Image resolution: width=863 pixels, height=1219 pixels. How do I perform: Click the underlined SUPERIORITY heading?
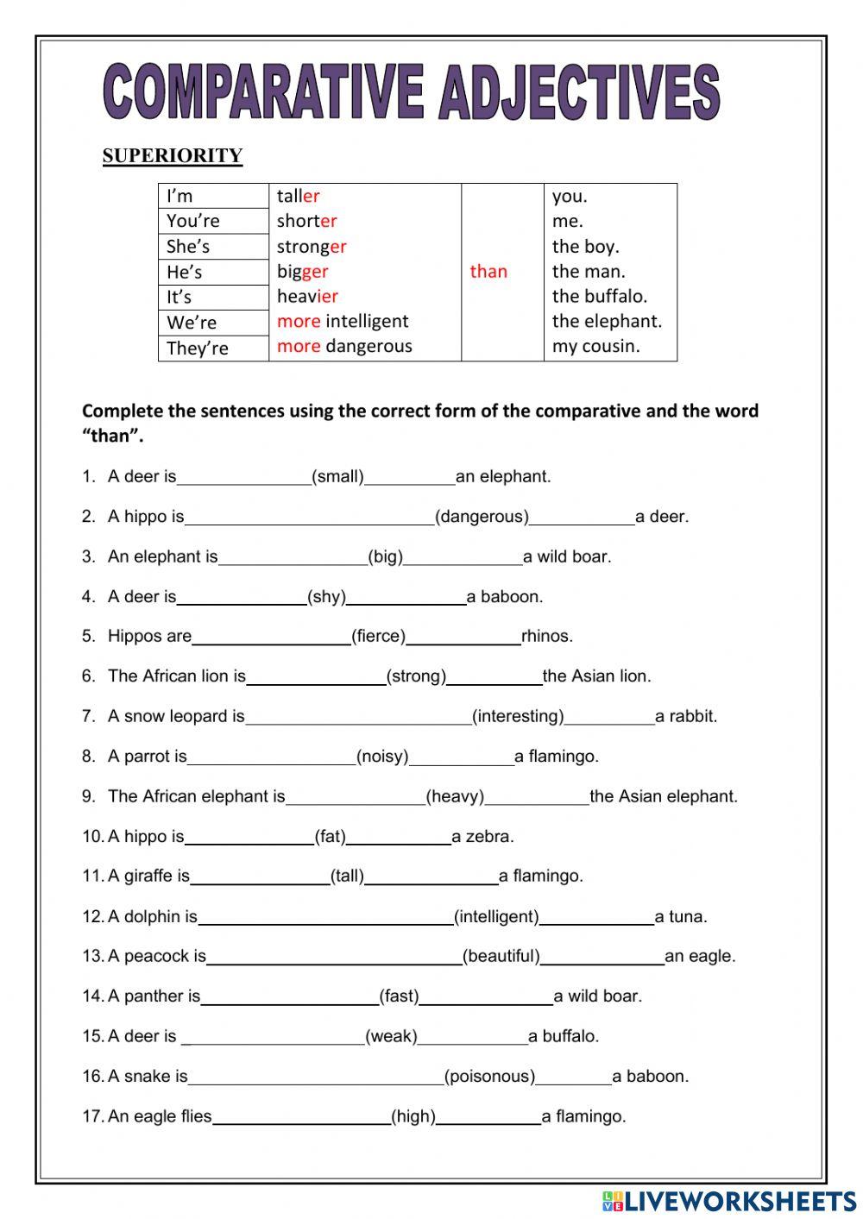[173, 156]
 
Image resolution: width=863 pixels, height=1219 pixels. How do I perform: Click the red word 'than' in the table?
[488, 272]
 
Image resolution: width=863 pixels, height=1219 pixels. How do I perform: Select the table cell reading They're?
[198, 349]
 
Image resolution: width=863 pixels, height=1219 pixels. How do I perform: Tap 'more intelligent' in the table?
[343, 321]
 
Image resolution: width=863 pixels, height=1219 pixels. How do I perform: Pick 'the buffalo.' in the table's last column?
[599, 296]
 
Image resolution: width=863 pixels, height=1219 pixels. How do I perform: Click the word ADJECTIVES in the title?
[578, 92]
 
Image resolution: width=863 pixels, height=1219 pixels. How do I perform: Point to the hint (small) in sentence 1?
[337, 477]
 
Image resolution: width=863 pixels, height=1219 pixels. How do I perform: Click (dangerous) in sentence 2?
[482, 517]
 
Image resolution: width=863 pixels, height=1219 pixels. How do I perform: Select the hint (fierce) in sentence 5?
[378, 637]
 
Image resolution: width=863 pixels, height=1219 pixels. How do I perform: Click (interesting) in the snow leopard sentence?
[518, 717]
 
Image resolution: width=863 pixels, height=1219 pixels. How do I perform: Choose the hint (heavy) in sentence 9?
[455, 796]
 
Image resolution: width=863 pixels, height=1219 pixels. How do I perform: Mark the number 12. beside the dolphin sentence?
[93, 917]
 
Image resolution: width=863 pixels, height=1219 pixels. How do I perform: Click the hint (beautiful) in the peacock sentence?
[501, 957]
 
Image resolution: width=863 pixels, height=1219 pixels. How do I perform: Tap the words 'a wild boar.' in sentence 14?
[598, 996]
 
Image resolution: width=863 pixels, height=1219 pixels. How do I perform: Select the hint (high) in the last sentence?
[413, 1116]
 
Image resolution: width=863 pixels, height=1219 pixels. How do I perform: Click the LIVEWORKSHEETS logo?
[729, 1201]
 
